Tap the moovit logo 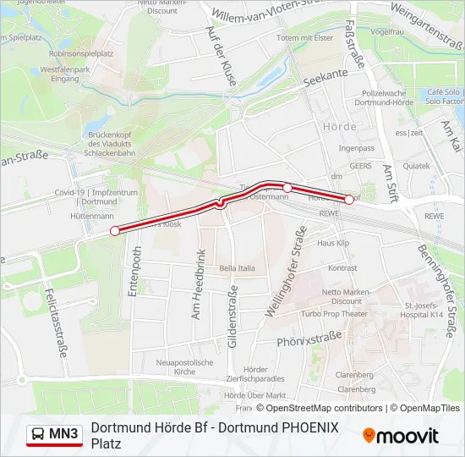pyautogui.click(x=401, y=436)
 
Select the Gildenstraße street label pyautogui.click(x=232, y=318)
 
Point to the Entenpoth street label pyautogui.click(x=134, y=271)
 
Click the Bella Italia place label pyautogui.click(x=237, y=268)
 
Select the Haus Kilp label pyautogui.click(x=332, y=243)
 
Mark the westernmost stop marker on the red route pyautogui.click(x=115, y=230)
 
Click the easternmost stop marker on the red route pyautogui.click(x=349, y=200)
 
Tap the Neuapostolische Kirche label pyautogui.click(x=184, y=366)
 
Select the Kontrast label pyautogui.click(x=342, y=268)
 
